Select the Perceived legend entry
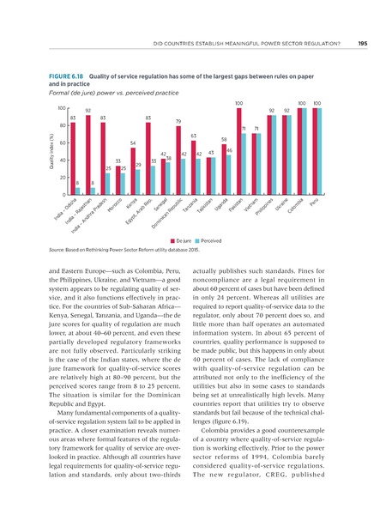[214, 243]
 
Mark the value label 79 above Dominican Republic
[178, 121]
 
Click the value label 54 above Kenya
[132, 142]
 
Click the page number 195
[363, 44]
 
